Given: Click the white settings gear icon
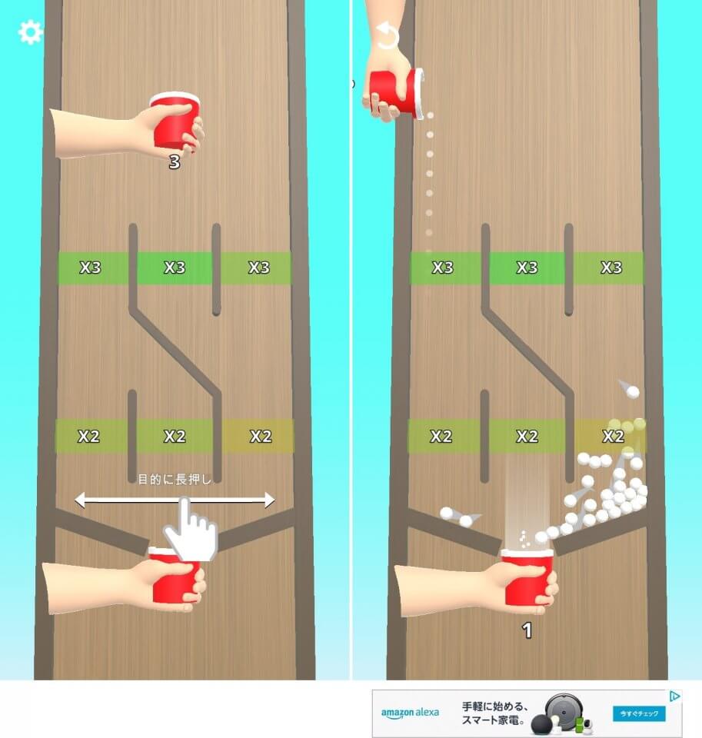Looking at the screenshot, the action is (x=31, y=32).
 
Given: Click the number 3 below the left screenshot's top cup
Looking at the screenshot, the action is (x=175, y=162).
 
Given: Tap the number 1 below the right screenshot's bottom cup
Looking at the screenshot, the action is (x=527, y=630).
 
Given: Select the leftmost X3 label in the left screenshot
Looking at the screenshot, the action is (x=90, y=268).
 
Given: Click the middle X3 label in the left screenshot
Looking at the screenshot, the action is (x=175, y=268).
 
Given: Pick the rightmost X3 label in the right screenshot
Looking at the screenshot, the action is (x=611, y=268).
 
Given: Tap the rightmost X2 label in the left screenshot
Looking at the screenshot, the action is (x=261, y=437).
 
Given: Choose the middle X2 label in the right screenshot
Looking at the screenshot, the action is (x=527, y=437).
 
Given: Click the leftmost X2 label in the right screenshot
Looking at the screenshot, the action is (x=441, y=437).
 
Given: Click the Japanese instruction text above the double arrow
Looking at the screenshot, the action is (x=175, y=480).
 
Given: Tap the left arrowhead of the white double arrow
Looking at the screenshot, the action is (x=81, y=500).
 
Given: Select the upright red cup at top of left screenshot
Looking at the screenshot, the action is (x=175, y=121).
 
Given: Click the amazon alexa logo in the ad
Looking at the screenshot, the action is (x=410, y=713).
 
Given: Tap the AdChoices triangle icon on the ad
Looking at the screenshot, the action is (x=674, y=696).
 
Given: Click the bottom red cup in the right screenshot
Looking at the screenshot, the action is (x=527, y=577).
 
